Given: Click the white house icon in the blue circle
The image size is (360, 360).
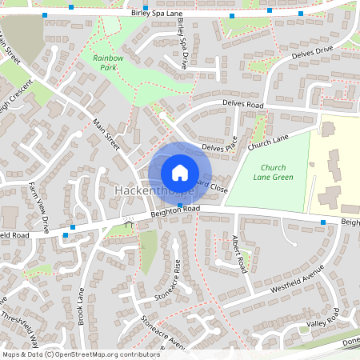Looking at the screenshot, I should pos(180,172).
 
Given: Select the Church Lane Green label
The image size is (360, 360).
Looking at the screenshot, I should pos(273,172).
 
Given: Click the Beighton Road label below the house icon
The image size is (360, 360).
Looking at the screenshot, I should pos(171,211).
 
